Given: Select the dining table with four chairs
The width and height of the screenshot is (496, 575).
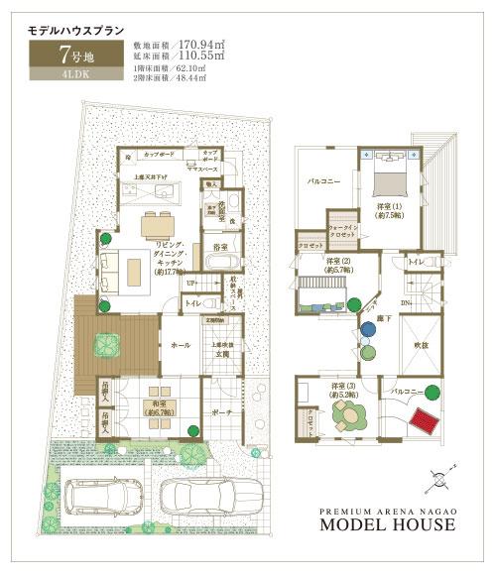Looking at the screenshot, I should (x=162, y=221).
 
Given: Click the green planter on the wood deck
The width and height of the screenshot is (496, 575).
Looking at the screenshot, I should (x=105, y=344).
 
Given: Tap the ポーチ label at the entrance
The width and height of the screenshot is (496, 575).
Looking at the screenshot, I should (x=219, y=413).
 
